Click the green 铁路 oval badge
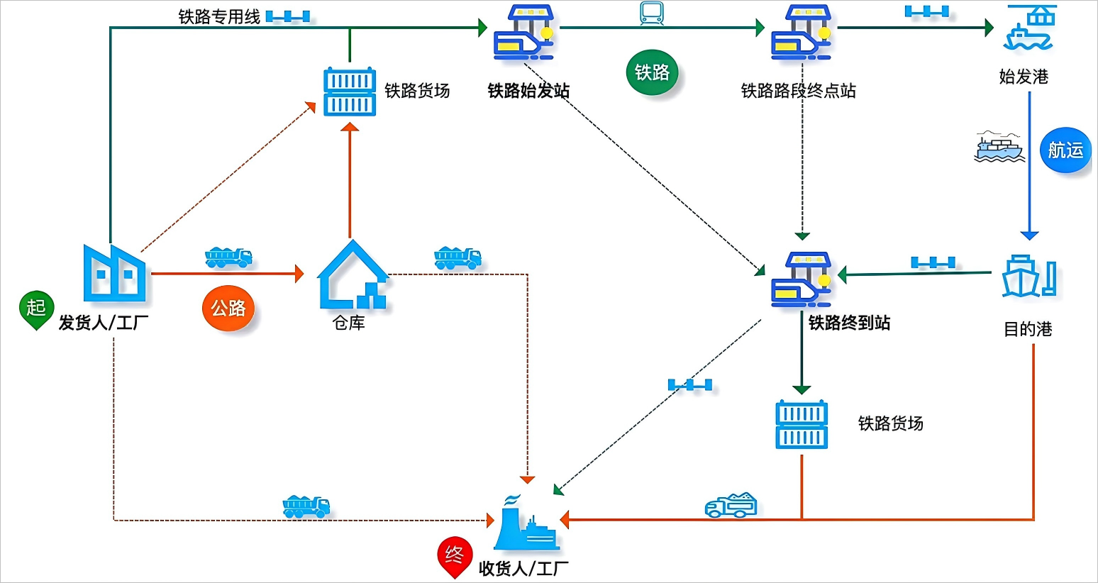pyautogui.click(x=653, y=72)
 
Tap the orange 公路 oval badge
pyautogui.click(x=228, y=308)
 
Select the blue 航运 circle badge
pyautogui.click(x=1065, y=150)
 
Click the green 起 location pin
pyautogui.click(x=36, y=309)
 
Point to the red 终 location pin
pyautogui.click(x=455, y=556)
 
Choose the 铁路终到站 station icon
pyautogui.click(x=802, y=279)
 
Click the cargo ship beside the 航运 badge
pyautogui.click(x=999, y=147)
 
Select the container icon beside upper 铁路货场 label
pyautogui.click(x=350, y=92)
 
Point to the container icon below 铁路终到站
pyautogui.click(x=802, y=425)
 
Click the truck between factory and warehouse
pyautogui.click(x=228, y=257)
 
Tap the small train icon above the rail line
pyautogui.click(x=652, y=13)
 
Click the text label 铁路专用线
pyautogui.click(x=219, y=16)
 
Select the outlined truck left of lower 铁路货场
pyautogui.click(x=731, y=505)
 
